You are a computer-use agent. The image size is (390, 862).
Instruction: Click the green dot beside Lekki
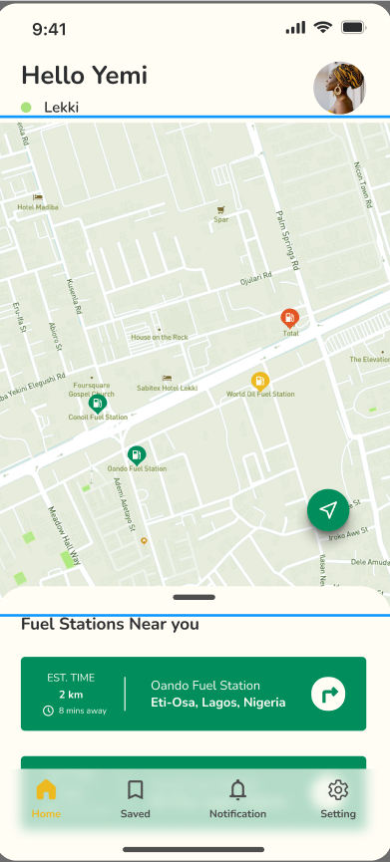(x=26, y=107)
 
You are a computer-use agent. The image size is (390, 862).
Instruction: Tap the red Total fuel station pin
(x=289, y=319)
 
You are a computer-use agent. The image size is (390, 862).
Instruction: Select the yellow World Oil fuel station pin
(x=259, y=381)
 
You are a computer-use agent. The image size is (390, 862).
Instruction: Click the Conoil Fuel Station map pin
(x=98, y=404)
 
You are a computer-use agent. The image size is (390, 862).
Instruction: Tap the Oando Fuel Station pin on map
(x=136, y=454)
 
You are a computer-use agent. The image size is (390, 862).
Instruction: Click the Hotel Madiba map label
(x=38, y=207)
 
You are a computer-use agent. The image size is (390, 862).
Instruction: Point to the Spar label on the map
(x=220, y=219)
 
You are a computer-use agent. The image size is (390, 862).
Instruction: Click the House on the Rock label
(x=160, y=338)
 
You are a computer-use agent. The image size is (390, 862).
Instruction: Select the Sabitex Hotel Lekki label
(x=167, y=387)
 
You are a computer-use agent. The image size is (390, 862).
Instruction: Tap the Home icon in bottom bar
(x=46, y=790)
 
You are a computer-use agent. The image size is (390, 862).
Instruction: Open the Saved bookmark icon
(x=136, y=790)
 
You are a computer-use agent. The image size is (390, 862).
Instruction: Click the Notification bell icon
(x=237, y=790)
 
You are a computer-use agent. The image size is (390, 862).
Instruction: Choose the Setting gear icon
(x=338, y=790)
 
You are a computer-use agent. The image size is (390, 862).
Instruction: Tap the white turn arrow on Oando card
(x=328, y=693)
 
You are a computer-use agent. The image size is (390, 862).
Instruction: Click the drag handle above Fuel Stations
(x=194, y=597)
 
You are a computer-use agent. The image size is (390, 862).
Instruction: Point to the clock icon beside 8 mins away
(x=47, y=711)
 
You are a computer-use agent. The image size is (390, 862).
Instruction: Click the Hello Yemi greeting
(x=84, y=75)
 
